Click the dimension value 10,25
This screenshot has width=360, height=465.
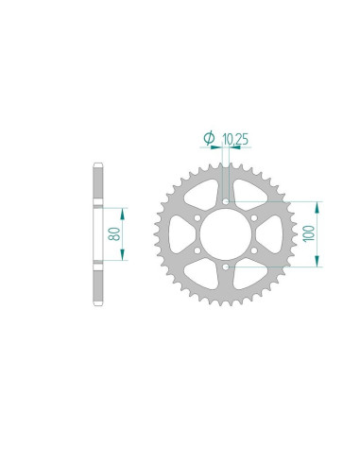[236, 139]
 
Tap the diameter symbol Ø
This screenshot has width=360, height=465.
[209, 139]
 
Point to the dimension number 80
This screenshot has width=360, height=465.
[114, 233]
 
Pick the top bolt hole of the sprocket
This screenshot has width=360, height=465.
[228, 200]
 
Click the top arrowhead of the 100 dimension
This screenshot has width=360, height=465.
[318, 205]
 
